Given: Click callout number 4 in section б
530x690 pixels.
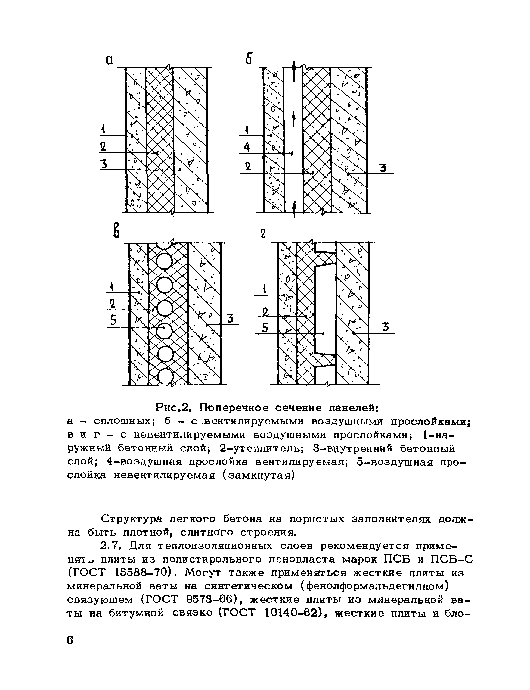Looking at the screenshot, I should point(247,147).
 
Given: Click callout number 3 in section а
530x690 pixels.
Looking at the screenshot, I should point(104,164).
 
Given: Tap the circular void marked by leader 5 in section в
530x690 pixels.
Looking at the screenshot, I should point(165,331).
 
